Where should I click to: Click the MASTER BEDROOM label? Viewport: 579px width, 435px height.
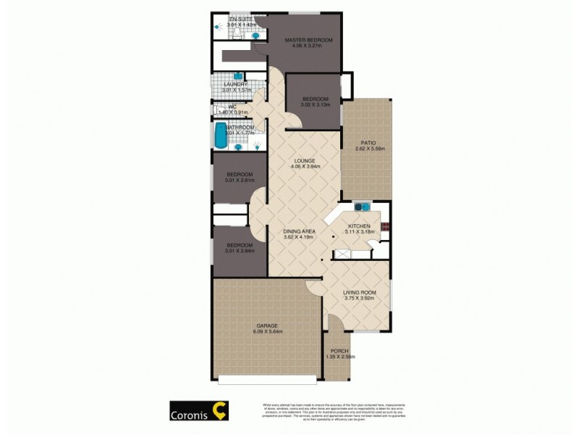308,41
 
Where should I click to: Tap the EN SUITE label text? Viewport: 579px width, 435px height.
240,19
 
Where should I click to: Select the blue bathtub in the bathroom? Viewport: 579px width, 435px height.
220,135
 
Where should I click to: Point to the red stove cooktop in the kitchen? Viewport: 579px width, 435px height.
385,226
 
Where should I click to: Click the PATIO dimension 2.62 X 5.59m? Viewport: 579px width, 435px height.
370,149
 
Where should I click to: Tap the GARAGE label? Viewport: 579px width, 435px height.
267,326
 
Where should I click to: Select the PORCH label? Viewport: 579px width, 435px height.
339,351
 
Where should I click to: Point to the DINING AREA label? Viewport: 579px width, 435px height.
299,231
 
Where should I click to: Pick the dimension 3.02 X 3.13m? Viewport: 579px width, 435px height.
316,105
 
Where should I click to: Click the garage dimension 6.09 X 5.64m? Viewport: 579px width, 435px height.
268,332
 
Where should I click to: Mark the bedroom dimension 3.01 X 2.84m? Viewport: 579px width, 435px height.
239,251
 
